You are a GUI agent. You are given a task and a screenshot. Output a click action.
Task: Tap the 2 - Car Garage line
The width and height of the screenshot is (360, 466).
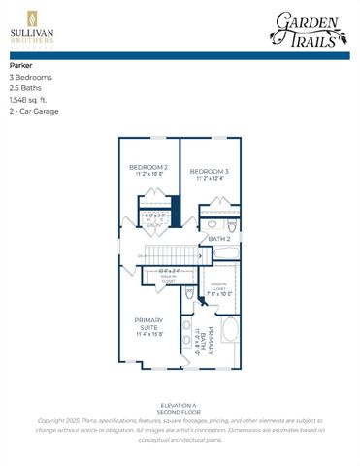[x=34, y=111]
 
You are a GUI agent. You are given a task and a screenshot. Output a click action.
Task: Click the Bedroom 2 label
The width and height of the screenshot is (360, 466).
[x=148, y=168]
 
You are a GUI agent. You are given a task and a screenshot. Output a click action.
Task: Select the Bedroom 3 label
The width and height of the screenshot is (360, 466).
[x=209, y=170]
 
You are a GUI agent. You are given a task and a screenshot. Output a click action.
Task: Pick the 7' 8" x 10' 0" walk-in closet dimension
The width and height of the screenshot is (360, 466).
[x=218, y=292]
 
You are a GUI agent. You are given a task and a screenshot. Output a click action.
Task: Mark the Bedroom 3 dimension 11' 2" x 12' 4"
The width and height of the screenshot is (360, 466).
[x=209, y=178]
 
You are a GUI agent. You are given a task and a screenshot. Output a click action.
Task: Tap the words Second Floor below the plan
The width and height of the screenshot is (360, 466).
[x=180, y=412]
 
